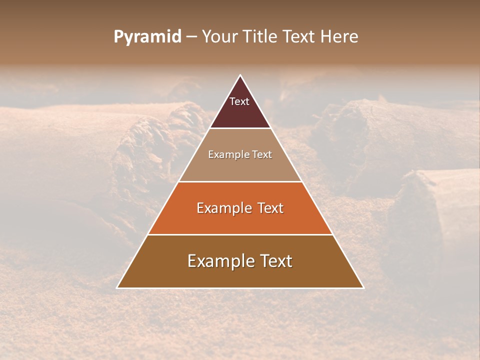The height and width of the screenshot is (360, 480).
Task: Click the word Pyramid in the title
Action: click(147, 37)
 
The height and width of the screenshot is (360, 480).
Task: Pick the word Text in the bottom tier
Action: click(275, 261)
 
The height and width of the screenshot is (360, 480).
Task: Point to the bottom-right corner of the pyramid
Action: click(363, 287)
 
